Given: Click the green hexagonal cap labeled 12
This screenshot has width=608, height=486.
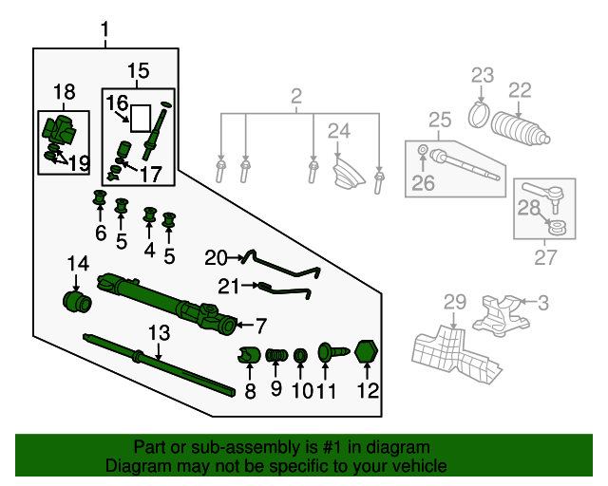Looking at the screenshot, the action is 367,351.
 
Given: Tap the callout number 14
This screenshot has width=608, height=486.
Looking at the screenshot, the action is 78,264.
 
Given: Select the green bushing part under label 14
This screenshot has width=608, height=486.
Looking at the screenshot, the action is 77,302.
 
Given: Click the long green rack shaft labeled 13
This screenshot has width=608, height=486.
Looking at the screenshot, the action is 159,364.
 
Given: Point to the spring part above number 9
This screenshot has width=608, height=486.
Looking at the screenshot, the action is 276,355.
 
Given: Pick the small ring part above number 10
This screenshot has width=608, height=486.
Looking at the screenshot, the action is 300,356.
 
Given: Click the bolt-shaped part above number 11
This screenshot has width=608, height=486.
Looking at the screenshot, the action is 333,352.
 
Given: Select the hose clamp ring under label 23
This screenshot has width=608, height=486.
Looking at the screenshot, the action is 479,115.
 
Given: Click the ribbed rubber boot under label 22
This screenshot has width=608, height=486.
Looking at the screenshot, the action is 520,130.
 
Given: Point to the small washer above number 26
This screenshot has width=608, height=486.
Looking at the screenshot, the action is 423,149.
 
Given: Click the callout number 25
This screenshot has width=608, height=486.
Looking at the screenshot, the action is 440,121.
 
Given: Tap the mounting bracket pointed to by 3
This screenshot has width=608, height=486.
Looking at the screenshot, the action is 501,315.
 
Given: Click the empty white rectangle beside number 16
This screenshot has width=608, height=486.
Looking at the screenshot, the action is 141,119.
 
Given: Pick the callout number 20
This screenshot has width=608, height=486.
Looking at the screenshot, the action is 216,258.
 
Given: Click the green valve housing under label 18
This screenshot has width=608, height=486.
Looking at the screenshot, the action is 59,131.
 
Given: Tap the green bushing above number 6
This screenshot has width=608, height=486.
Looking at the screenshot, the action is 100,198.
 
